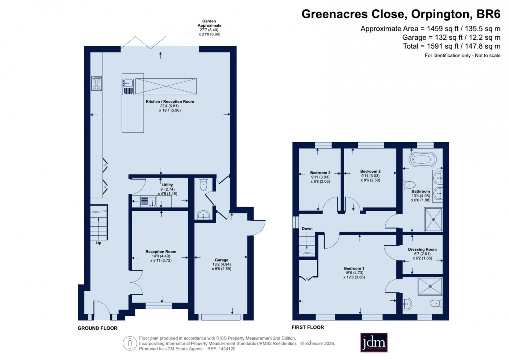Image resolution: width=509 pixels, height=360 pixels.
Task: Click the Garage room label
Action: (x=222, y=260)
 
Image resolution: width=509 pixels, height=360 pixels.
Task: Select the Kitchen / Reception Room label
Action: (x=170, y=102)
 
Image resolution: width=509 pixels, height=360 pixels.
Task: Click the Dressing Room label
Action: (x=422, y=249)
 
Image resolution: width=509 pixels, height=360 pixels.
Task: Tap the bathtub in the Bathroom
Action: (x=422, y=160)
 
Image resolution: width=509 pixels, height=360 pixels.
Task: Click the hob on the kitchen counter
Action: (x=96, y=84)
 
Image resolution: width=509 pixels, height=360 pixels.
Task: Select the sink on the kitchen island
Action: (x=128, y=87)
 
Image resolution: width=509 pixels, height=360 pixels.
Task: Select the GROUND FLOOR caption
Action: (x=97, y=328)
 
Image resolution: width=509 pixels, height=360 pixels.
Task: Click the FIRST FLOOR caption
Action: (x=308, y=328)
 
